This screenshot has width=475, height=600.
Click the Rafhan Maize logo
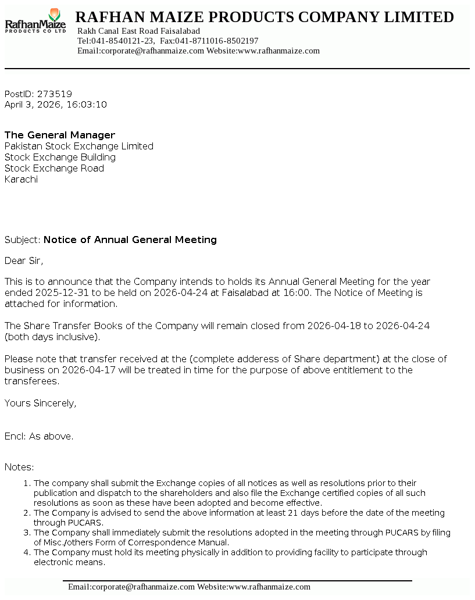coord(35,22)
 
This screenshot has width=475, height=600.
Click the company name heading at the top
coord(265,17)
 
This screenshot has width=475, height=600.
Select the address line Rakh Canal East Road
coord(138,31)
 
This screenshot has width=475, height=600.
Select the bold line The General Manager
coord(60,135)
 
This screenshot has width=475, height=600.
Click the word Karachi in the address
coord(21,179)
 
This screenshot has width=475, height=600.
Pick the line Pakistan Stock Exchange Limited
coord(79,146)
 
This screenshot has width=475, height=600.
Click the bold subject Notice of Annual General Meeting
coord(130,240)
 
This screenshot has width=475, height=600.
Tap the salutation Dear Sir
coord(24,260)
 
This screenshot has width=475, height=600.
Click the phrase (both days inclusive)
coord(52,337)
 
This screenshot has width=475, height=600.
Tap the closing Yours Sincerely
coord(40,403)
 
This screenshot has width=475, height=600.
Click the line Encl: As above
coord(39,436)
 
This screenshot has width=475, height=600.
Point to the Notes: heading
coord(19,467)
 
